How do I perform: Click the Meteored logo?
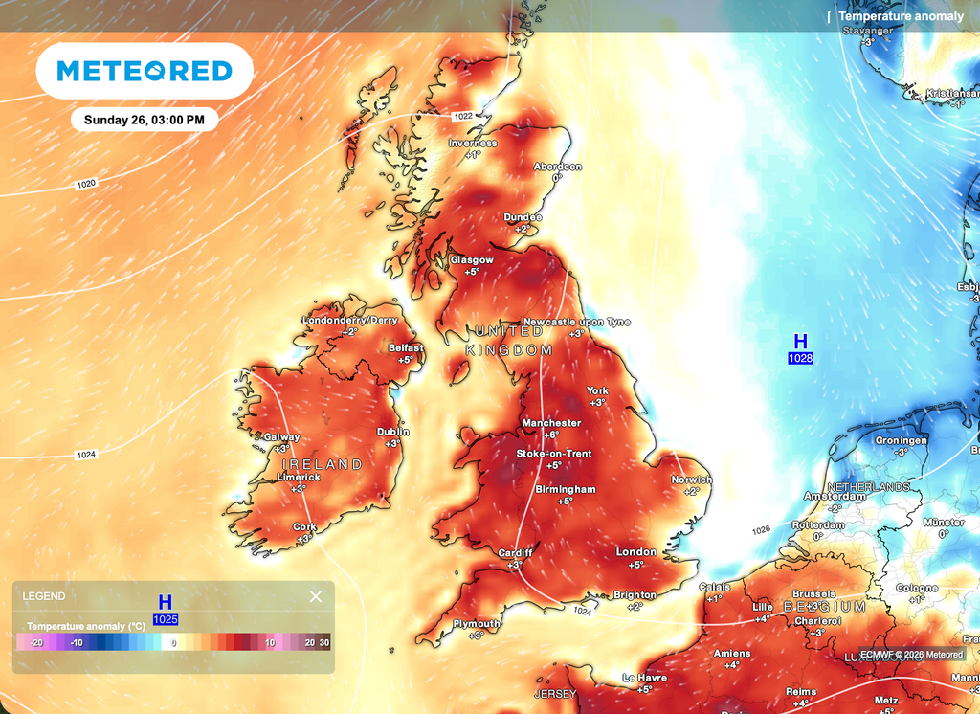(145, 71)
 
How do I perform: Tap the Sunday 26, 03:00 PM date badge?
(144, 120)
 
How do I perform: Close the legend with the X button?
(316, 596)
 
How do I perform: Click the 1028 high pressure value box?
(800, 359)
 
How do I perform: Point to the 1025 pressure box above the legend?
(165, 619)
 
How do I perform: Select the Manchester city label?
(551, 423)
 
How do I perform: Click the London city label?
(636, 552)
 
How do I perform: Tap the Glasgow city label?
(472, 260)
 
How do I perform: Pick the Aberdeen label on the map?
(557, 167)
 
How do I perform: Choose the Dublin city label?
(393, 432)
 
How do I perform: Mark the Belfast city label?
(406, 348)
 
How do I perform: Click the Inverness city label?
(473, 144)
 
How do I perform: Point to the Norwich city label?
(691, 480)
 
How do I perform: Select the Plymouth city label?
(477, 624)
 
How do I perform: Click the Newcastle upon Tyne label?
(577, 323)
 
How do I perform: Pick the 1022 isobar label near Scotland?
(463, 116)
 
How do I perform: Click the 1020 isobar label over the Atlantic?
(86, 183)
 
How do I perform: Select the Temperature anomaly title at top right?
(901, 16)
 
